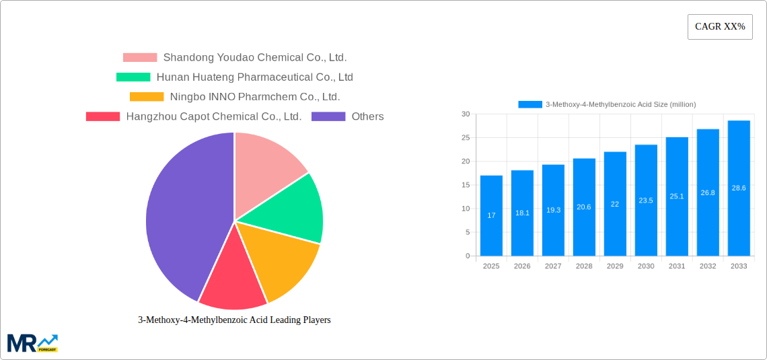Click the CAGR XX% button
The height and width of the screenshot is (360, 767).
click(x=719, y=27)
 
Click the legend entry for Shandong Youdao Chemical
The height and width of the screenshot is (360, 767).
click(x=254, y=58)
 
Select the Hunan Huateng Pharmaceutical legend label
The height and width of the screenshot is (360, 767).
click(x=254, y=77)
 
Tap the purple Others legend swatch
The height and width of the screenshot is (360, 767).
click(x=328, y=116)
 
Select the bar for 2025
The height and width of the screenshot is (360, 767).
click(x=491, y=215)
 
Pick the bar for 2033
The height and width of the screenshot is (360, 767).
click(x=739, y=188)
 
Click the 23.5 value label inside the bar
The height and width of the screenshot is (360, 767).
click(x=646, y=201)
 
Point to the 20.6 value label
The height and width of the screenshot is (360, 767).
click(x=584, y=207)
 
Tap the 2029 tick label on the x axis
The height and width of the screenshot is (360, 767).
click(x=615, y=266)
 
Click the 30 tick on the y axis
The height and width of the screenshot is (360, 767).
click(x=466, y=114)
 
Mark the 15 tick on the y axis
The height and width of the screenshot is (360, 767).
click(x=466, y=185)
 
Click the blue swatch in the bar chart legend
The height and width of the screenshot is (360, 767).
click(x=529, y=104)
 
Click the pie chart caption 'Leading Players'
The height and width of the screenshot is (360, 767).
click(x=234, y=320)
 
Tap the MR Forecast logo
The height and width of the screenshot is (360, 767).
click(x=32, y=343)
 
